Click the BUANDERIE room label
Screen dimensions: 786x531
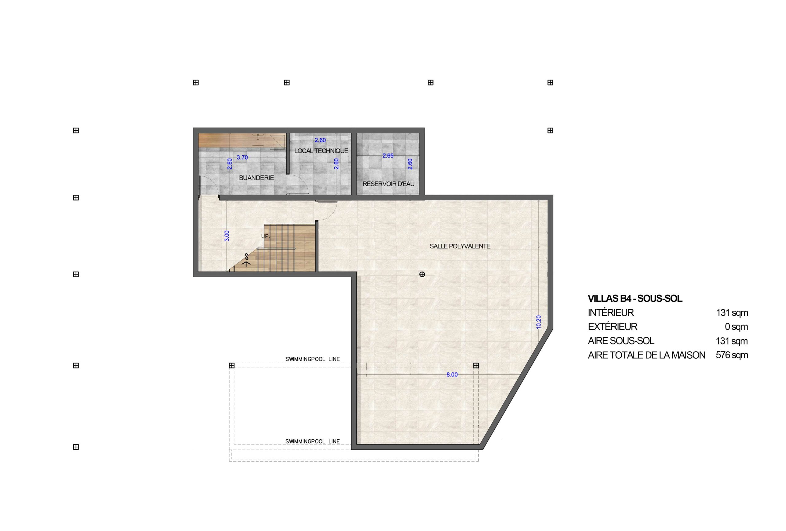tap(256, 178)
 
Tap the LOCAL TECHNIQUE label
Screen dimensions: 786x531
tap(321, 151)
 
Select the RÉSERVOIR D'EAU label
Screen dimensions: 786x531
tap(388, 184)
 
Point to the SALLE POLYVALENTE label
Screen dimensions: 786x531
tap(460, 246)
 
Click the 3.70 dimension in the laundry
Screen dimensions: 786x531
tap(242, 157)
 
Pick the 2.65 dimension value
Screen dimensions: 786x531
tap(388, 156)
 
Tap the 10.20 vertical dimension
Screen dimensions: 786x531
tap(539, 322)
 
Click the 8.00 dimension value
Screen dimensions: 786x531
tap(452, 375)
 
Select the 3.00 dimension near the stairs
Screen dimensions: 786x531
tap(227, 236)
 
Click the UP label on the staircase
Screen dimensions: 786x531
tap(266, 236)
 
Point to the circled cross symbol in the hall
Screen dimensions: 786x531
tap(422, 274)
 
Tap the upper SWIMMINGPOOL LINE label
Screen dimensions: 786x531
tap(312, 359)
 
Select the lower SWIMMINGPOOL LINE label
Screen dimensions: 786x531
tap(312, 441)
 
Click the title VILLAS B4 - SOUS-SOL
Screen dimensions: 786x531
tap(635, 298)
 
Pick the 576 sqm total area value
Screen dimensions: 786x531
tap(732, 355)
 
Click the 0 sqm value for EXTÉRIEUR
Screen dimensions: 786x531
tap(736, 327)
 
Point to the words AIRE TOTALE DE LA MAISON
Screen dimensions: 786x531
tap(646, 355)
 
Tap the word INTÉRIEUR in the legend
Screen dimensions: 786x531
tap(610, 313)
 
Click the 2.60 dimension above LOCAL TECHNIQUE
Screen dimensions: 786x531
tap(320, 140)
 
